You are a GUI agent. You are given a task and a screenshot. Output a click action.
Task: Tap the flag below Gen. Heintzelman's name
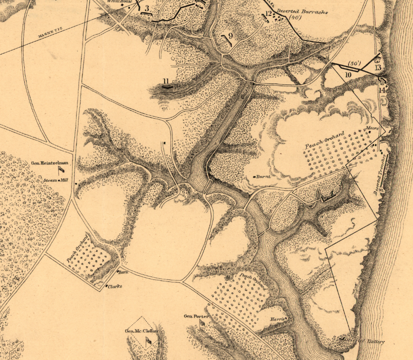click(61, 169)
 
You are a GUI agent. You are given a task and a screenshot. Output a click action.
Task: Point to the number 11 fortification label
click(167, 82)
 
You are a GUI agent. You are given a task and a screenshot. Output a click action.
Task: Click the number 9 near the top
click(230, 36)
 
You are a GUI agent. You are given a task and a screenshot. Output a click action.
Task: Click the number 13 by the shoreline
click(378, 67)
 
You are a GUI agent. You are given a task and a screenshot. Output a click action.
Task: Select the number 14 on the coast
click(382, 90)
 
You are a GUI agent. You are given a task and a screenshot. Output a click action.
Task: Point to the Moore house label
click(372, 129)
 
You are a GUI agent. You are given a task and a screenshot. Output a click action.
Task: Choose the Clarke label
click(115, 286)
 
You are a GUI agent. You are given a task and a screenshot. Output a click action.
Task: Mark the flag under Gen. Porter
click(202, 323)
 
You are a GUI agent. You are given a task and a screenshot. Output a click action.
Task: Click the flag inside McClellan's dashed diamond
click(148, 341)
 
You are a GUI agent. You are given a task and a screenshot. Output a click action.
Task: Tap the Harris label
click(278, 319)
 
